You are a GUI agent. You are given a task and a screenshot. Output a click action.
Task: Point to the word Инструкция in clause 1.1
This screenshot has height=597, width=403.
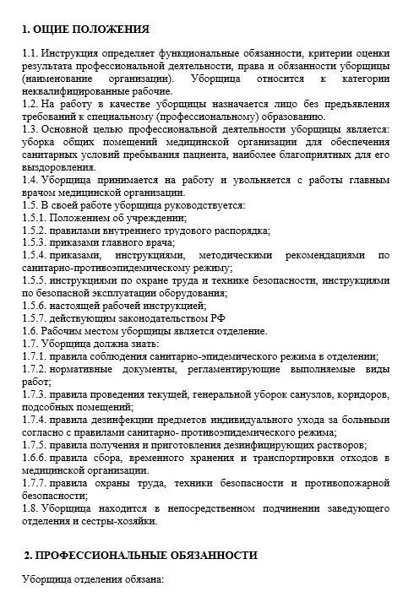pyautogui.click(x=72, y=53)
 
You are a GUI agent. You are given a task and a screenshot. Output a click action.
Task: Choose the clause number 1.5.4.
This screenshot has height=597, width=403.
pyautogui.click(x=35, y=254)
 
